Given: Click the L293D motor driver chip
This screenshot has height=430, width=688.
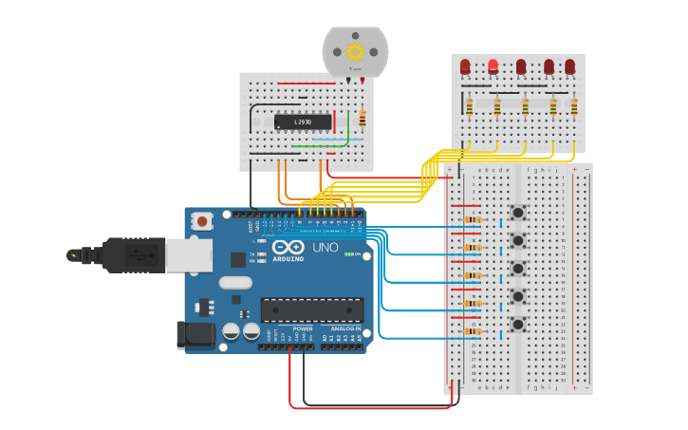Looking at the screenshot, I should click(x=303, y=122).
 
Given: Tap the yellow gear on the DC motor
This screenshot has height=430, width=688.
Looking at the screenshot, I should click(x=356, y=52).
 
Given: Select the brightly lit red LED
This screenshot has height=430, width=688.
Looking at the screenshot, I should click(x=493, y=66).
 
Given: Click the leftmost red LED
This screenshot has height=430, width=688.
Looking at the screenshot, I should click(x=465, y=66).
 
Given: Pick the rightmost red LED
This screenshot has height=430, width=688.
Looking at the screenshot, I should click(x=570, y=66).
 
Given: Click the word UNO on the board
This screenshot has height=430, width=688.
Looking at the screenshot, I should click(x=325, y=248).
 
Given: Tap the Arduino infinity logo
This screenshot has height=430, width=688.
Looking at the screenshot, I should click(x=288, y=247).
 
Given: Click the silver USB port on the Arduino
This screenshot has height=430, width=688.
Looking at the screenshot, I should click(x=189, y=254).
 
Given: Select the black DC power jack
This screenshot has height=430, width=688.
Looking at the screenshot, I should click(x=195, y=333).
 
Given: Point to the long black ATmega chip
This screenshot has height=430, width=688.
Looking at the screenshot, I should click(x=311, y=309).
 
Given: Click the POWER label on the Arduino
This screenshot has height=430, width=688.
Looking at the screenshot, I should click(x=302, y=328).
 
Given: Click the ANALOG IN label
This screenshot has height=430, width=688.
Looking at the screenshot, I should click(x=344, y=328).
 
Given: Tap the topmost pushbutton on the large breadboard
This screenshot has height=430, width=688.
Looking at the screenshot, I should click(x=518, y=212).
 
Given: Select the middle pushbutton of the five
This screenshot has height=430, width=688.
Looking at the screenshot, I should click(x=518, y=269).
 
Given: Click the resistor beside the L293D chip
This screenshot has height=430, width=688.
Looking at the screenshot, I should click(x=362, y=119).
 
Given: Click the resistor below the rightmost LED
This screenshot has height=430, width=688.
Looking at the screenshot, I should click(x=573, y=106).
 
